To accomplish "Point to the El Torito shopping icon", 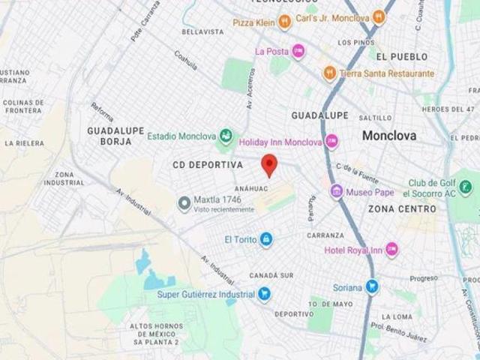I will pyautogui.click(x=265, y=239).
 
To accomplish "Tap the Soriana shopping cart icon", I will pyautogui.click(x=371, y=286).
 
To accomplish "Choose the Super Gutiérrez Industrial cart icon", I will pyautogui.click(x=264, y=295).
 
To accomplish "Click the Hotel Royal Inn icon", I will pyautogui.click(x=391, y=250).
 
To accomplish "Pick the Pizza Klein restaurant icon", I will pyautogui.click(x=284, y=23).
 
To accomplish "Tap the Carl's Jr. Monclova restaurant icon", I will pyautogui.click(x=379, y=17).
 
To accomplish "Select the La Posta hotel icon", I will pyautogui.click(x=298, y=52).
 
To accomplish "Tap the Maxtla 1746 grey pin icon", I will pyautogui.click(x=183, y=203).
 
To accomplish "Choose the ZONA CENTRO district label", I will pyautogui.click(x=402, y=209).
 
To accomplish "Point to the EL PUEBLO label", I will pyautogui.click(x=402, y=56).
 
